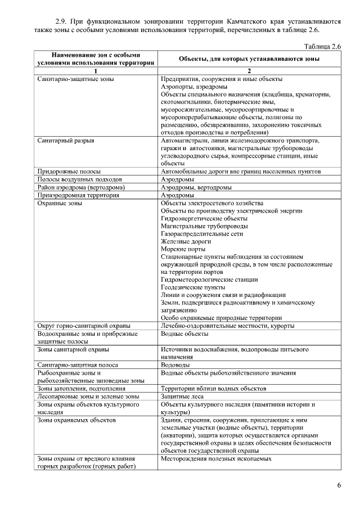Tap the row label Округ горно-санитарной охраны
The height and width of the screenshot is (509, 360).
84,326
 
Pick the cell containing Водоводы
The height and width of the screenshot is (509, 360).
174,364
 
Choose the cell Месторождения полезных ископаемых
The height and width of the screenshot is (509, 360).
216,458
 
